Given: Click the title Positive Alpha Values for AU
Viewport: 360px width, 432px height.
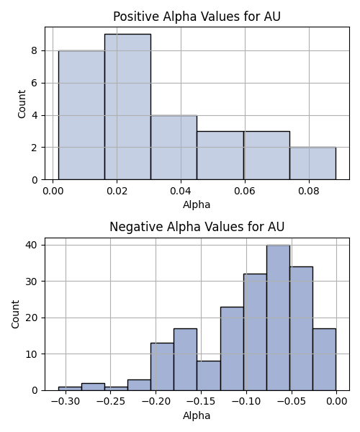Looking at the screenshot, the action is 197,17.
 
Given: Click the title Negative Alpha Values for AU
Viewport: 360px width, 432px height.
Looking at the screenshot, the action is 197,227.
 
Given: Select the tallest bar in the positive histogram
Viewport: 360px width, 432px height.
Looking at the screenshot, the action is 127,107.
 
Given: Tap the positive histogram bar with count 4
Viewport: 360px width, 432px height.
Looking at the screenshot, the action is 174,148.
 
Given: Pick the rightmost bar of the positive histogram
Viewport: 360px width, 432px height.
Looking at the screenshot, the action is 312,163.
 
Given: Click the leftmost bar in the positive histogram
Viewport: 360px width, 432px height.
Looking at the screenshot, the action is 81,115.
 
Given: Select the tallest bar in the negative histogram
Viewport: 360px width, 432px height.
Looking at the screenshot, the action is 278,318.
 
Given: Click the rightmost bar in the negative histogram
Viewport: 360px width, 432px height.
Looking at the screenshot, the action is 324,359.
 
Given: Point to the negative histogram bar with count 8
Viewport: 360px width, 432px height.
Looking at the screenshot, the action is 209,376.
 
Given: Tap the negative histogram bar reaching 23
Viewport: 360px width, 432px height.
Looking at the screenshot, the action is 232,348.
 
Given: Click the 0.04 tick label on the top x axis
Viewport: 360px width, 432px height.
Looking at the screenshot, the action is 181,192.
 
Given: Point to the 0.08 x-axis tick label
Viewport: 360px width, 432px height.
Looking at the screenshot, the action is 309,192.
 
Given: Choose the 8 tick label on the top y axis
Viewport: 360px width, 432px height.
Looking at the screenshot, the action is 34,50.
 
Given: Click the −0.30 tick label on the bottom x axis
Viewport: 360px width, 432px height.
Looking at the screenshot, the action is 66,402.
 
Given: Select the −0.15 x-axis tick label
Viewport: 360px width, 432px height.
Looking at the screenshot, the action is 201,402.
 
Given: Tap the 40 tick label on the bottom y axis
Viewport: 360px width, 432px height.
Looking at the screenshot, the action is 31,245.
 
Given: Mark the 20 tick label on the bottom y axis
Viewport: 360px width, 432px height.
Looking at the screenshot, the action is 31,318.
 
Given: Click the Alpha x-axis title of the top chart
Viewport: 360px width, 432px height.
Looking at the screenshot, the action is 197,204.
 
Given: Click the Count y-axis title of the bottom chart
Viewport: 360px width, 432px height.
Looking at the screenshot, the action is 15,315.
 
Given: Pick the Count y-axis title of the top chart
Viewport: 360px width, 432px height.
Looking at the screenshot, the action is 22,104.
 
